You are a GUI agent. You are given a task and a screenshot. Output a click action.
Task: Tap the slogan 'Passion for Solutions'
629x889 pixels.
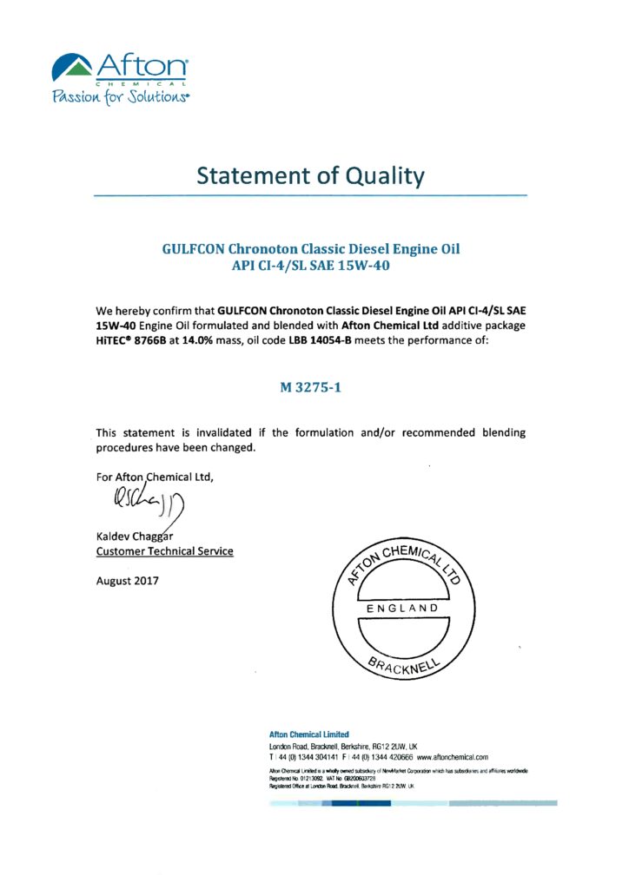(x=120, y=95)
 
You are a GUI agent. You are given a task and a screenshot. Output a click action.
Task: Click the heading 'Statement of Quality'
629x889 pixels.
(x=310, y=175)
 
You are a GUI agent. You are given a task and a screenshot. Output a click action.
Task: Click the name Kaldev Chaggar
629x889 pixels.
(x=139, y=535)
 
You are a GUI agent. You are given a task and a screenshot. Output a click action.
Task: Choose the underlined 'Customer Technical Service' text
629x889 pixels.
(x=164, y=551)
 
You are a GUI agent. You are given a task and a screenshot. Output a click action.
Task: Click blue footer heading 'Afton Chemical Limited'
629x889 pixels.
(x=308, y=734)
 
